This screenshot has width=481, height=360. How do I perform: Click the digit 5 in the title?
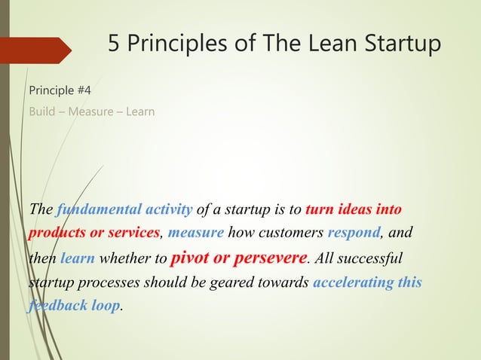[115, 44]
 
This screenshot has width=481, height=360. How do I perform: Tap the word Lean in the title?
[316, 44]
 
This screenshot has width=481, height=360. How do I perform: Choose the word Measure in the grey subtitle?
[87, 112]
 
